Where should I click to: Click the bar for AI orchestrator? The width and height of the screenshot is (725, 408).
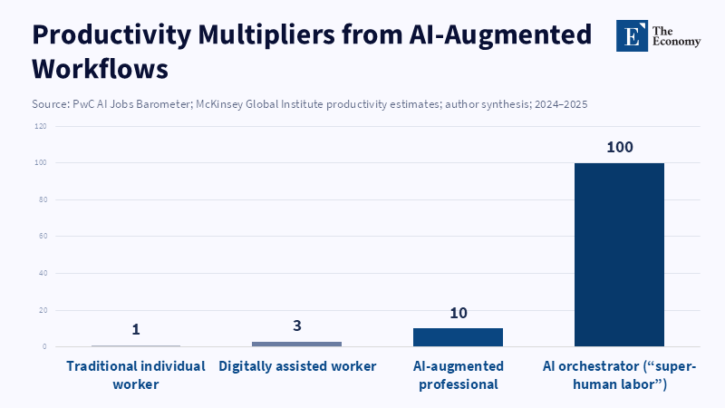619,254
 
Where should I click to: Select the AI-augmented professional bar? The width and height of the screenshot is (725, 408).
458,336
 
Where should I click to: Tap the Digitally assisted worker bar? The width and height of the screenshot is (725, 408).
296,344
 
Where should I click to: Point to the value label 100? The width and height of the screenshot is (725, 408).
620,147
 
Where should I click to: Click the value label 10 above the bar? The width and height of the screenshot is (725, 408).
458,313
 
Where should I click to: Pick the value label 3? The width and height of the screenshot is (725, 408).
296,325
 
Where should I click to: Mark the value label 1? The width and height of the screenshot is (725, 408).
136,329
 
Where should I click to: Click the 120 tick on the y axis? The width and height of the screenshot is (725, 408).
41,126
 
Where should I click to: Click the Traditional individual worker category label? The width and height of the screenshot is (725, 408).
136,375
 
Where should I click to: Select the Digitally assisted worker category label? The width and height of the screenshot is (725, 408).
296,366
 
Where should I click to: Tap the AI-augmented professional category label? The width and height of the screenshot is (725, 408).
458,375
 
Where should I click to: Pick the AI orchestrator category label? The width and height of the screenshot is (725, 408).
619,375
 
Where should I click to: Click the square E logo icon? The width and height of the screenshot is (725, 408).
632,35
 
